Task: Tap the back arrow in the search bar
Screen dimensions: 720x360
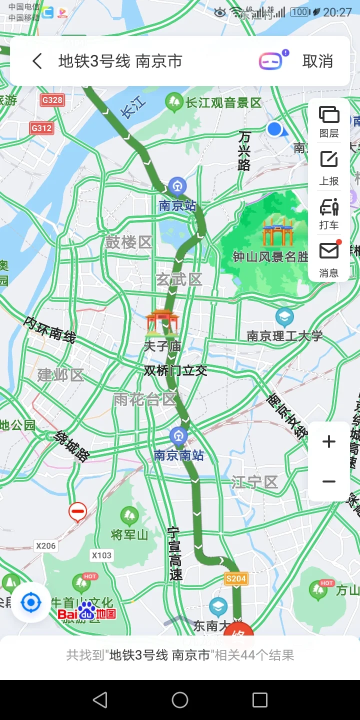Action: pyautogui.click(x=37, y=61)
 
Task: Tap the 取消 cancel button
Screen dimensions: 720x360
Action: pyautogui.click(x=317, y=61)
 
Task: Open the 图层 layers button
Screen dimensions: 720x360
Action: pyautogui.click(x=329, y=121)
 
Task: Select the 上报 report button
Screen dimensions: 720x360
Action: pyautogui.click(x=329, y=167)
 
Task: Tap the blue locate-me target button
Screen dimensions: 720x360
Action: pyautogui.click(x=31, y=602)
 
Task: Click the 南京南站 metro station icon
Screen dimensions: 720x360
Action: pyautogui.click(x=178, y=436)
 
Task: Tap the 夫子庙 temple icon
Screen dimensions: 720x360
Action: pyautogui.click(x=161, y=322)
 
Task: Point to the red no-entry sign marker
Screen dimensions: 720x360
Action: pyautogui.click(x=77, y=511)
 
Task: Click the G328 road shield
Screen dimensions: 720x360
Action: pyautogui.click(x=52, y=100)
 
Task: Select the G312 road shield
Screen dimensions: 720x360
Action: pyautogui.click(x=41, y=128)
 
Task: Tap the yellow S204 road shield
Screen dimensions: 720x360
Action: pyautogui.click(x=236, y=578)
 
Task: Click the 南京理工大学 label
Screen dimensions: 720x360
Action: pyautogui.click(x=284, y=336)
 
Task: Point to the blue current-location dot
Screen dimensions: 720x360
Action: pyautogui.click(x=274, y=129)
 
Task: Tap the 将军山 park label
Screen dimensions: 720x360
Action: pyautogui.click(x=129, y=535)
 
